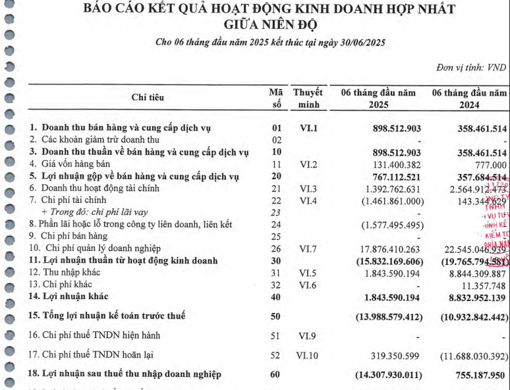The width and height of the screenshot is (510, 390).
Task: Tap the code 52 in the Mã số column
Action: coord(276,355)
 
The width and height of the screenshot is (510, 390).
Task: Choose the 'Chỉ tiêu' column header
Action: coord(148,98)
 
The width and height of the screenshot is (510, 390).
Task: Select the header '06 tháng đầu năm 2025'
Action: coord(378,99)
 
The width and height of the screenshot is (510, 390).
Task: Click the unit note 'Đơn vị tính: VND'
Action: coord(470,68)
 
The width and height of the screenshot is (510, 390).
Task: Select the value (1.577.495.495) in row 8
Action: coord(382,225)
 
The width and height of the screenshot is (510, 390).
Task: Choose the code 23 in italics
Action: coord(276,212)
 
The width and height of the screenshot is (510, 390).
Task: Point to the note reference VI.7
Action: coord(305,249)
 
